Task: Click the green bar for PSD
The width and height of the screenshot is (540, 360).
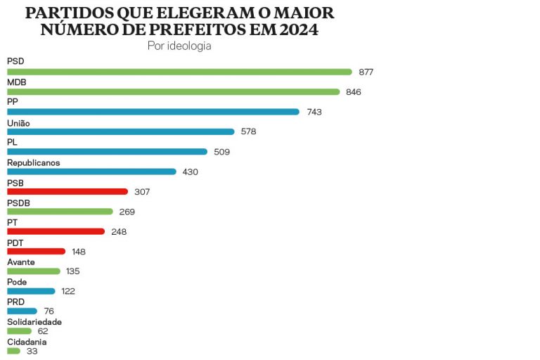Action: [x=179, y=72]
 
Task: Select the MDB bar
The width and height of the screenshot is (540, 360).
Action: [x=173, y=91]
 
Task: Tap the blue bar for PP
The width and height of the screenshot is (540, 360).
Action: [x=153, y=111]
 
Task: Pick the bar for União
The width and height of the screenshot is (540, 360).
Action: [x=120, y=131]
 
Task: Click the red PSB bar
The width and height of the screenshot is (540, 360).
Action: [x=67, y=191]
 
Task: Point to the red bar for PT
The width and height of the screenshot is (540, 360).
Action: [x=56, y=231]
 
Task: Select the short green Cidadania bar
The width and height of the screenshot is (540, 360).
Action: [x=13, y=351]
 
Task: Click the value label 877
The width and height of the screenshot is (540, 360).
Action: [x=366, y=72]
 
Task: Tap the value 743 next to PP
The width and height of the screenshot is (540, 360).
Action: [x=314, y=112]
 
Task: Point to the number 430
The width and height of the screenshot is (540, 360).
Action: [x=191, y=172]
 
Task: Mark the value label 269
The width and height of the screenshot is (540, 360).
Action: [x=127, y=212]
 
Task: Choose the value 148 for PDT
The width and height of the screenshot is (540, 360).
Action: [x=79, y=252]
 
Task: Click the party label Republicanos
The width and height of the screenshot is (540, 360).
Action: [x=33, y=162]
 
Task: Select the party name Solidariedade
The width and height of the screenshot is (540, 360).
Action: [x=34, y=321]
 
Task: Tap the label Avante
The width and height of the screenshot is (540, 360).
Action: [x=20, y=262]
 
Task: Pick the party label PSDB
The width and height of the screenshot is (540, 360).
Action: [x=18, y=202]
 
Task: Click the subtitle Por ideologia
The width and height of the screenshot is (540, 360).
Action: [x=179, y=46]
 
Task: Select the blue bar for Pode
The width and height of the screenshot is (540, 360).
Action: [x=31, y=291]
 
